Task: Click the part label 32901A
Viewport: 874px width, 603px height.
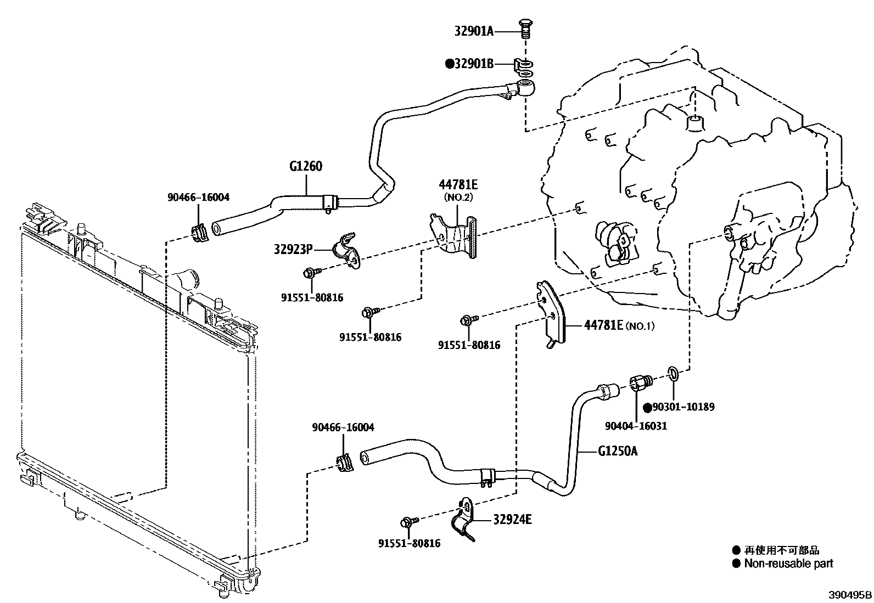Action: click(473, 31)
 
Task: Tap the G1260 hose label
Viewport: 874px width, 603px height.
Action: click(306, 166)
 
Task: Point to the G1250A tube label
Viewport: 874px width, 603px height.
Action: click(618, 451)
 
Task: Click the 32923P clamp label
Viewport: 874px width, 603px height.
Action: click(293, 250)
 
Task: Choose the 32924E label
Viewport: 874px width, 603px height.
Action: click(512, 519)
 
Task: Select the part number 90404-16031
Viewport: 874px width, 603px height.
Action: click(636, 425)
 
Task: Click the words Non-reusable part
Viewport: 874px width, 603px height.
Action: click(788, 563)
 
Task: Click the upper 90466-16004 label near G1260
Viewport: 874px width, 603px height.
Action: click(198, 197)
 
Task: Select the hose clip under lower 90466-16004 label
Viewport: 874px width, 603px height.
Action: click(345, 462)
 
